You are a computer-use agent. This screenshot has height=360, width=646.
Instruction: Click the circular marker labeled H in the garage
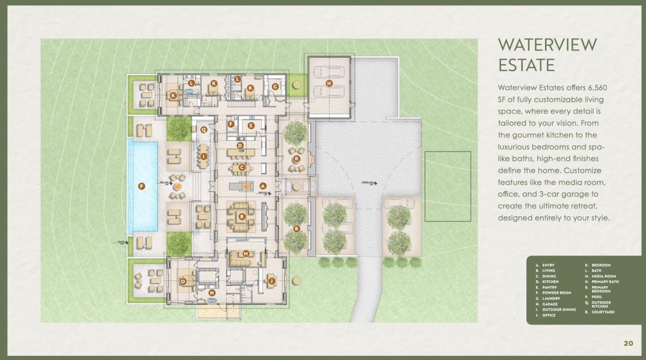[x=329, y=83]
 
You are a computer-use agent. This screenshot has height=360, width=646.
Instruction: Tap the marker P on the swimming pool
[x=141, y=186]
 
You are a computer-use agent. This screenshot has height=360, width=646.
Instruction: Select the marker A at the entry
[x=263, y=186]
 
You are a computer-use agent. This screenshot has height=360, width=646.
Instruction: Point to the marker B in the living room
[x=242, y=217]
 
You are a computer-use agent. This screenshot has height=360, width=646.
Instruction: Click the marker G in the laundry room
[x=275, y=87]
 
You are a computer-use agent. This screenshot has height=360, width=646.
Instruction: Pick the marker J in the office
[x=271, y=281]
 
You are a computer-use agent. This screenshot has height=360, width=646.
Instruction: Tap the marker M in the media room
[x=245, y=254]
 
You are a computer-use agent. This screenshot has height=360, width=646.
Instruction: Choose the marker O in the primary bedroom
[x=183, y=281]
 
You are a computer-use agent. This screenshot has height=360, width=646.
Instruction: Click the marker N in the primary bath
[x=211, y=293]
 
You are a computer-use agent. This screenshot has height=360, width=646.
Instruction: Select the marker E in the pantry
[x=251, y=126]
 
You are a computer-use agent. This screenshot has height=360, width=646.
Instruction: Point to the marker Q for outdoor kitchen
[x=204, y=129]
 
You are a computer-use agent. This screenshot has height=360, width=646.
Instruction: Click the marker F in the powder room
[x=231, y=124]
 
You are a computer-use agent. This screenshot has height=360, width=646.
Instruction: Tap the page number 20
[x=629, y=343]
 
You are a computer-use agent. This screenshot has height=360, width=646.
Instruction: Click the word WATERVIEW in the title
[x=547, y=45]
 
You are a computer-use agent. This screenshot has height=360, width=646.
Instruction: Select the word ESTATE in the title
[x=526, y=65]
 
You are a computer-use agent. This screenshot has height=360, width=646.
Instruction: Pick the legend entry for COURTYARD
[x=603, y=312]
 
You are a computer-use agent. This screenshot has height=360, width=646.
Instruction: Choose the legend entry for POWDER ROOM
[x=557, y=293]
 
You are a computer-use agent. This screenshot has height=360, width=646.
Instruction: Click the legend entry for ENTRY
[x=548, y=265]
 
